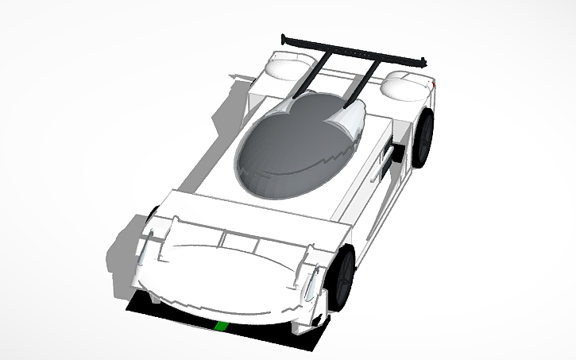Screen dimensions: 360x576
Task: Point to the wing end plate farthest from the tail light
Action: click(x=284, y=37)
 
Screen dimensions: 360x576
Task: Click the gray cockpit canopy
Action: click(x=294, y=147)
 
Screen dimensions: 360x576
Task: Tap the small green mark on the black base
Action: click(x=222, y=326)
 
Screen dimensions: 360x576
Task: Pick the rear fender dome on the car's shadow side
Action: click(x=284, y=67)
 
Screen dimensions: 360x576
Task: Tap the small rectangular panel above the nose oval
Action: click(x=234, y=238)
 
